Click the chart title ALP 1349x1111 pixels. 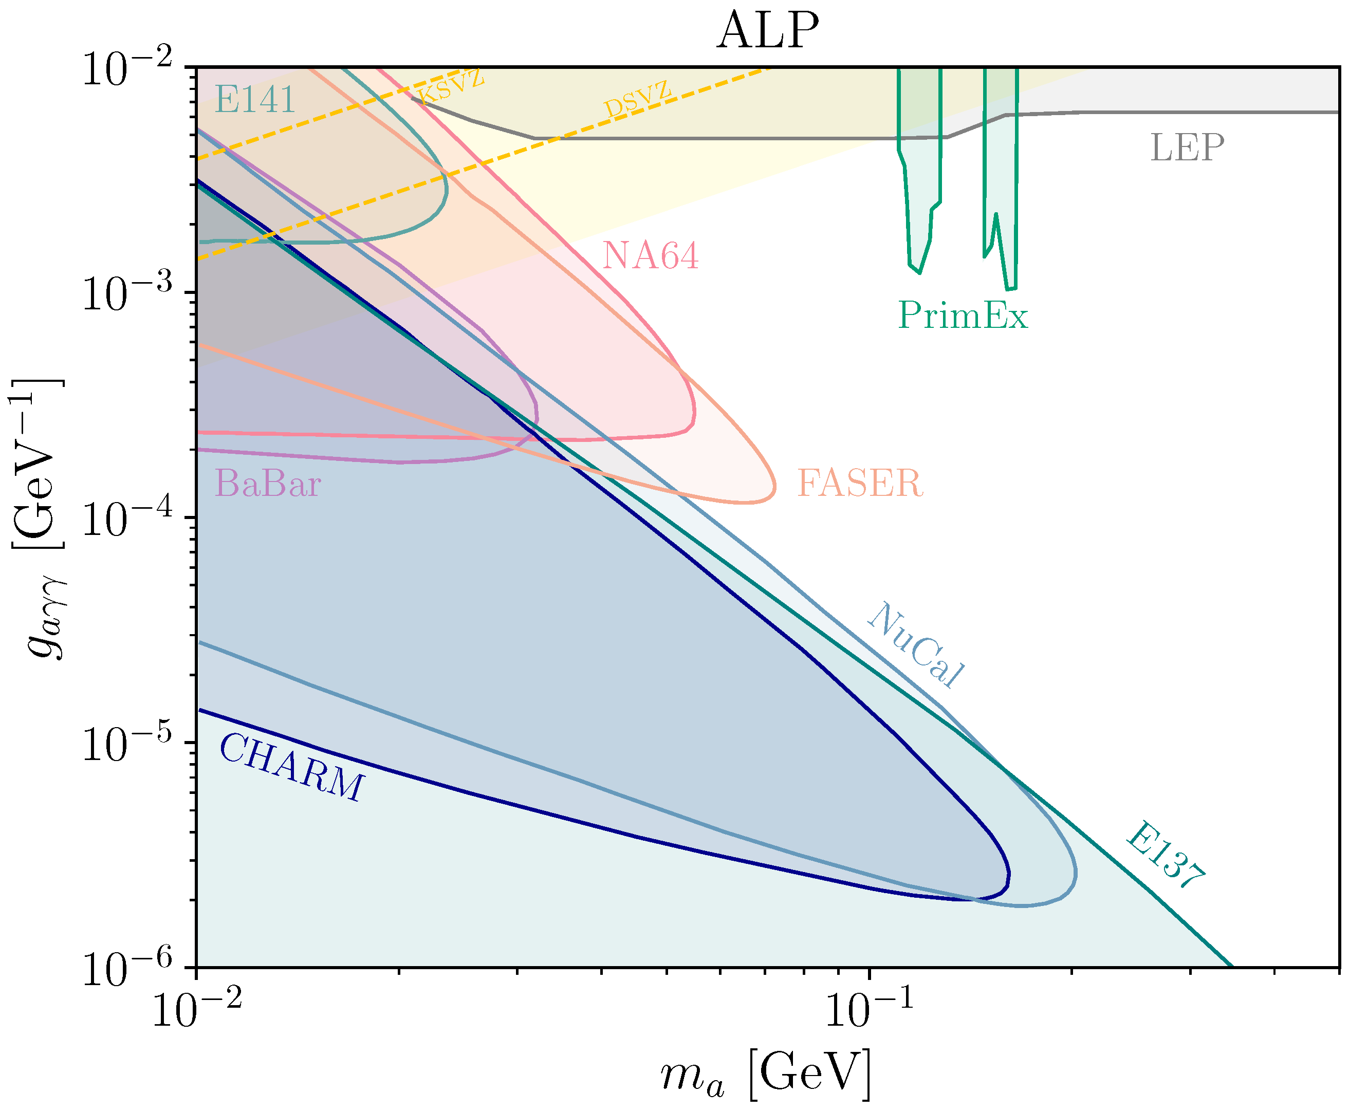[767, 31]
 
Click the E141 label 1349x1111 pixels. [255, 100]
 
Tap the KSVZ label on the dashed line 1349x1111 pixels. [450, 86]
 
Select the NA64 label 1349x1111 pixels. [650, 255]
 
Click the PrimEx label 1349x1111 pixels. [963, 316]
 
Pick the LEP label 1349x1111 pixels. [1187, 148]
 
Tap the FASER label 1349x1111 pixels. [859, 483]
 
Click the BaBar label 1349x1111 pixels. [268, 483]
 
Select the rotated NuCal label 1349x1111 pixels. [916, 644]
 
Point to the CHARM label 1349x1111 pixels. [292, 766]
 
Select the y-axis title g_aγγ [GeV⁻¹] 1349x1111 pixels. [39, 519]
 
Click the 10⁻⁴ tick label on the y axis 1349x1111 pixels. [128, 519]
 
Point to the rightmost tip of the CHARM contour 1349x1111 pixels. [1009, 874]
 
